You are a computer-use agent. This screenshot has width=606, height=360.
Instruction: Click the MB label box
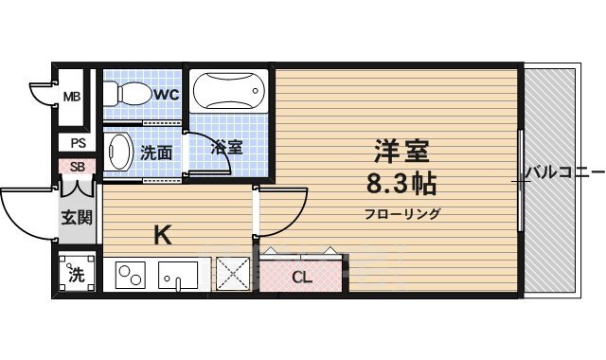pyautogui.click(x=72, y=97)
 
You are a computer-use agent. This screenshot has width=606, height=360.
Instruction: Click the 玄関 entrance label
pyautogui.click(x=77, y=217)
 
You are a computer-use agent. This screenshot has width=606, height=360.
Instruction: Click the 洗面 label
pyautogui.click(x=156, y=152)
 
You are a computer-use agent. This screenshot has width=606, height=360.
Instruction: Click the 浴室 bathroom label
pyautogui.click(x=227, y=148)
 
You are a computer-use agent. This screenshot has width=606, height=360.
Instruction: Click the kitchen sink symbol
pyautogui.click(x=178, y=277)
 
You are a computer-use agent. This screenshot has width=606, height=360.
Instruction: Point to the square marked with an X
pyautogui.click(x=231, y=275)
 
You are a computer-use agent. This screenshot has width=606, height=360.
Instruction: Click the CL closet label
pyautogui.click(x=301, y=278)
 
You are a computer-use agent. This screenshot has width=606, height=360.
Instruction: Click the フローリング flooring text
pyautogui.click(x=402, y=213)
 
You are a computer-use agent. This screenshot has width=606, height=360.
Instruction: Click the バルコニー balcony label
pyautogui.click(x=564, y=172)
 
